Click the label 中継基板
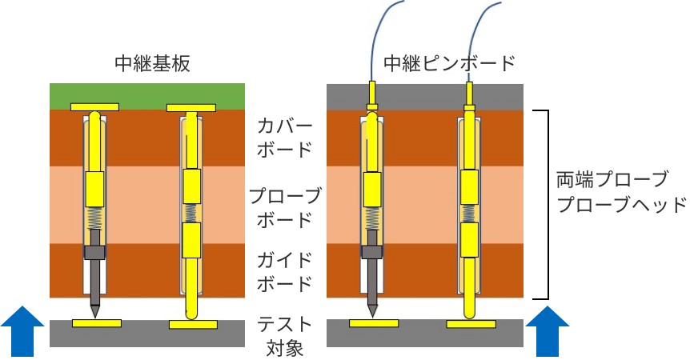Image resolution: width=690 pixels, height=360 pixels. point(152,64)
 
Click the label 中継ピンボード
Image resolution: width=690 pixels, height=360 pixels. point(449,63)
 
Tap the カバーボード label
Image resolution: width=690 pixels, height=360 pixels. point(285,138)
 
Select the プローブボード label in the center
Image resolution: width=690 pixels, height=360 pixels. point(285,207)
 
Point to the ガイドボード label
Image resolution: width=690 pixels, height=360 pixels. point(285,273)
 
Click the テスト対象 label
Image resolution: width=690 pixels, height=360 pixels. point(285,336)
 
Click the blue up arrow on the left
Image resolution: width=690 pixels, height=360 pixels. point(22,331)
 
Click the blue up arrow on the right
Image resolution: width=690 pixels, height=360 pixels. point(548,331)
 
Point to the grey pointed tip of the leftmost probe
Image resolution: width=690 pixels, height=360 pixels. point(94,310)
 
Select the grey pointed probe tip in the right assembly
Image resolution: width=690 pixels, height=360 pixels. point(372,310)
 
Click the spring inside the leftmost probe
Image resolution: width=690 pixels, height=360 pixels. point(94,218)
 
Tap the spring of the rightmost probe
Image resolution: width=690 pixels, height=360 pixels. point(469,214)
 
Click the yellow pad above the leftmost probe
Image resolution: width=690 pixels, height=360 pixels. point(94,107)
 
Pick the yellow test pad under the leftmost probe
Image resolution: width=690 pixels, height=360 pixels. point(97,323)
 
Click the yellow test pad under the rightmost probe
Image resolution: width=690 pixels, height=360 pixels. point(471,324)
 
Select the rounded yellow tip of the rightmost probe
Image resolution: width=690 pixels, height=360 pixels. point(470,314)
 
